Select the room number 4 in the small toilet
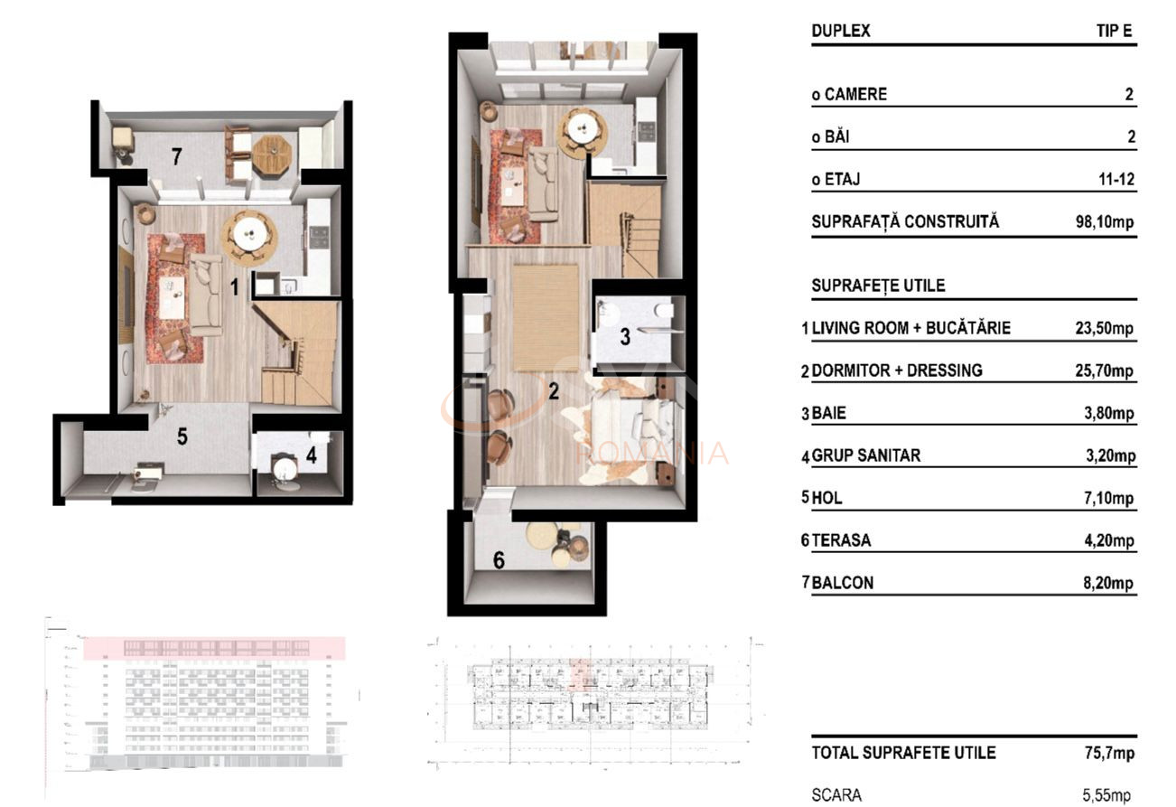tap(311, 455)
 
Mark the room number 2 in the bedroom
tap(553, 391)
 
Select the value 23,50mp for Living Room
tap(1104, 328)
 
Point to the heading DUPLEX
tap(841, 31)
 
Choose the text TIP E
tap(1115, 31)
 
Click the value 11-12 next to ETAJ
tap(1115, 180)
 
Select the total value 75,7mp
tap(1109, 753)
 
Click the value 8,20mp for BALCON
tap(1107, 583)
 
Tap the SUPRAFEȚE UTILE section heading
tap(878, 286)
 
